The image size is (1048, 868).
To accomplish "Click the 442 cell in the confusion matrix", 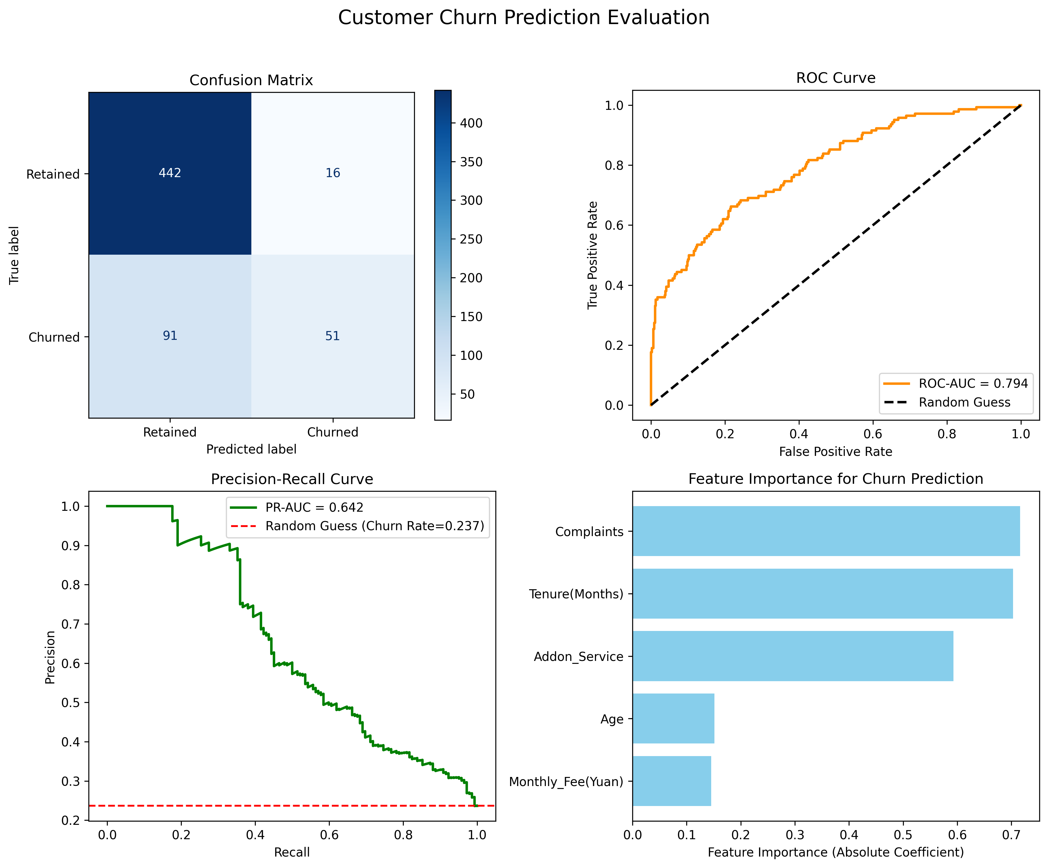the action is click(170, 173).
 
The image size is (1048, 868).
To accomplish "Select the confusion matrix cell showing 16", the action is click(333, 173).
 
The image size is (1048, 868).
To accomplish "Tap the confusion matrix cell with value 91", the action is click(170, 336).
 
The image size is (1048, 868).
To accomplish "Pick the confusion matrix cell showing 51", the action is click(333, 336).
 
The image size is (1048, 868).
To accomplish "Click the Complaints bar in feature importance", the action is click(826, 531).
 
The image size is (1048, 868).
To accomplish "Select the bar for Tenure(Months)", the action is click(823, 593).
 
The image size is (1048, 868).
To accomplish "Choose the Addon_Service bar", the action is click(793, 656).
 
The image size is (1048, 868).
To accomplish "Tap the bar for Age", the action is click(674, 718).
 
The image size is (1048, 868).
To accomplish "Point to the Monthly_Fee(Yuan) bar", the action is click(672, 781).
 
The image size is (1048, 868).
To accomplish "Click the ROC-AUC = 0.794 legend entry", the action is click(956, 383).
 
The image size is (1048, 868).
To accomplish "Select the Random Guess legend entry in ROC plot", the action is click(947, 402).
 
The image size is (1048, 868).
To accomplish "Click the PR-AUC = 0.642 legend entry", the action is click(297, 507).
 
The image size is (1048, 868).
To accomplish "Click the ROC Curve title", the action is click(836, 78).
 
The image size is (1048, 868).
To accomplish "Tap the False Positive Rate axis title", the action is click(836, 452).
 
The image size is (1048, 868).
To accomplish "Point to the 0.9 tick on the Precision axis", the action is click(70, 545).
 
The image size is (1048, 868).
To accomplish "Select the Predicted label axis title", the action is click(252, 449).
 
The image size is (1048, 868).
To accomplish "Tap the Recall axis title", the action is click(292, 852).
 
